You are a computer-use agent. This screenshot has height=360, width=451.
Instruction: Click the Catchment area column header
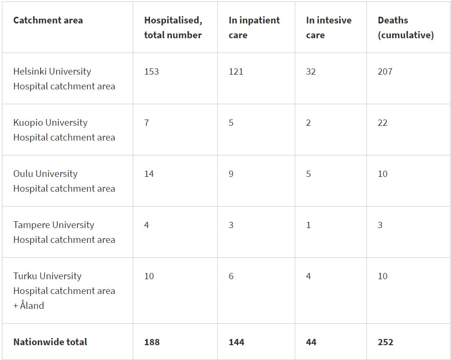48,21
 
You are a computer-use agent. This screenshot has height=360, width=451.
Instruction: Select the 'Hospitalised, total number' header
173,28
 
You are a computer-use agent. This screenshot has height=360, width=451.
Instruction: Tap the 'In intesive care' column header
329,28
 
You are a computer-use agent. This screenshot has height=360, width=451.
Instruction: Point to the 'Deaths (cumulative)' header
406,28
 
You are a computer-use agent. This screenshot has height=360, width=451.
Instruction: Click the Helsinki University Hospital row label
64,79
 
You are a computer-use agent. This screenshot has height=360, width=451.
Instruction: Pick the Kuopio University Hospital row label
64,130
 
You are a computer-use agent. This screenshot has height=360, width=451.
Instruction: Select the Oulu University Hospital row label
64,181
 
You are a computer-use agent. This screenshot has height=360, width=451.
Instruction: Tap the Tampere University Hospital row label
64,232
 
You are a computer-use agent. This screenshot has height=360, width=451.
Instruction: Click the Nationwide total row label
50,342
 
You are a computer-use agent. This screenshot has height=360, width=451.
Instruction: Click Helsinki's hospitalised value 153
151,72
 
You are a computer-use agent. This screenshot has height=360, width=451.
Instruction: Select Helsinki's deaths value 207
385,72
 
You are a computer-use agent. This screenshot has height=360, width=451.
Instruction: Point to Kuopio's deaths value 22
382,123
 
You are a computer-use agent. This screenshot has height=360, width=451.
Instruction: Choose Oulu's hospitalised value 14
149,174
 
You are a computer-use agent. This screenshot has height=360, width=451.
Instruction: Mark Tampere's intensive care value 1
309,225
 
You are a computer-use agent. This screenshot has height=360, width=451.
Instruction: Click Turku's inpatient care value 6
231,276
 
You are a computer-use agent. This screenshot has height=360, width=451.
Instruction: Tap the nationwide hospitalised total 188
152,342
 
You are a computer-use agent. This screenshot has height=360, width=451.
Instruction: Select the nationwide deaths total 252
386,342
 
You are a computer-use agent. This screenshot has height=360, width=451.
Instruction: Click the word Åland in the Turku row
32,305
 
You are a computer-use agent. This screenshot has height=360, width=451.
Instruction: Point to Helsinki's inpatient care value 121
236,72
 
